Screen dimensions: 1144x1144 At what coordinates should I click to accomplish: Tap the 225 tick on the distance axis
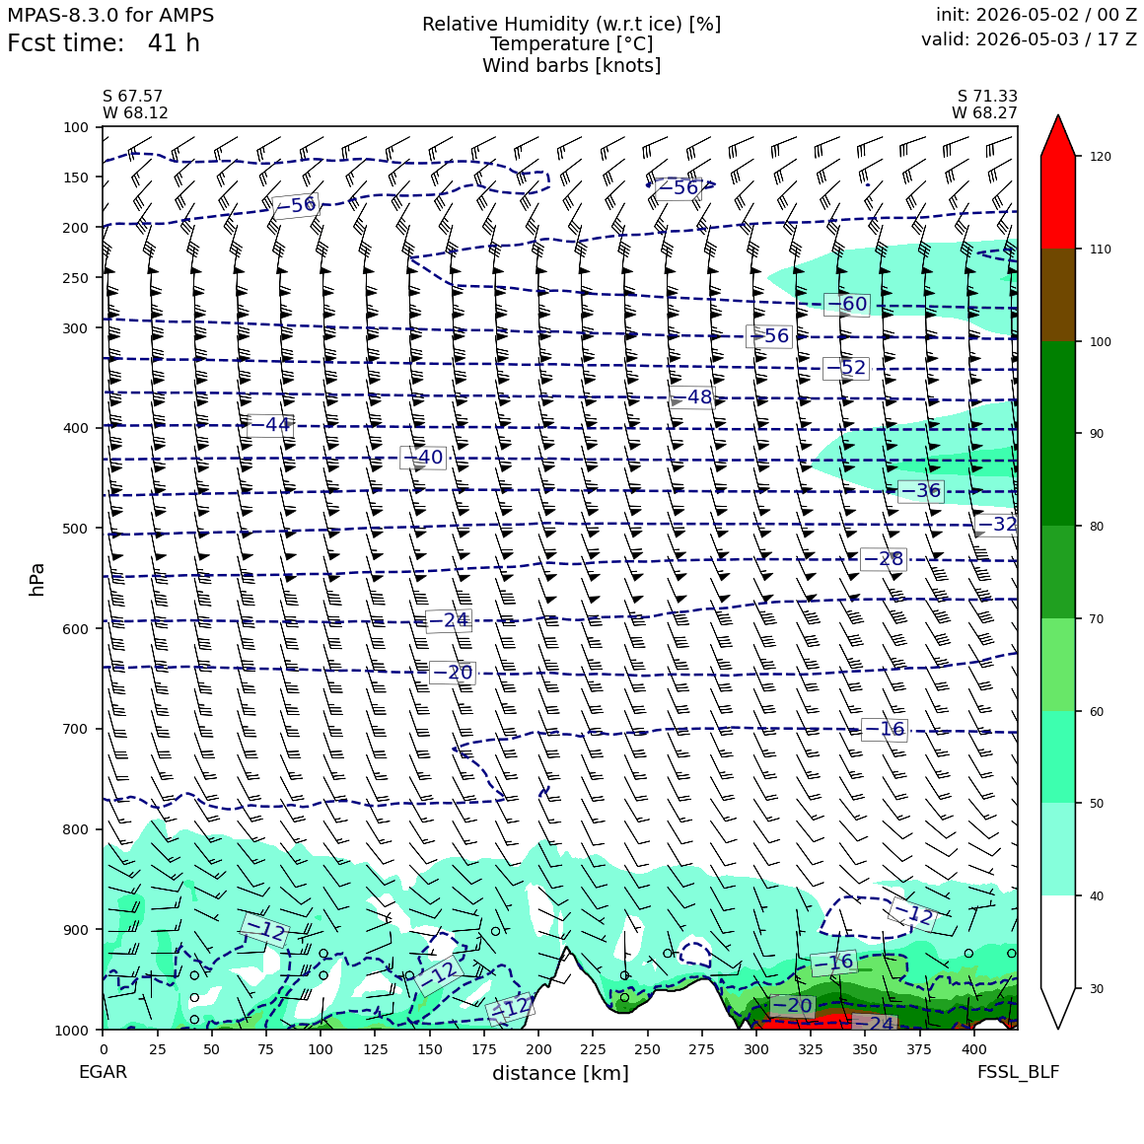(x=593, y=1049)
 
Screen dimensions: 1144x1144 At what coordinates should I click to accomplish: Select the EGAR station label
(x=103, y=1072)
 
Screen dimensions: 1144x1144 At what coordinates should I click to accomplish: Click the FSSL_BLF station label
(x=1018, y=1072)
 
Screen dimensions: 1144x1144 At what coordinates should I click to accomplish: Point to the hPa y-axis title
(x=36, y=579)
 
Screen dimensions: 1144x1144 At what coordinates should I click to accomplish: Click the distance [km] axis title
(x=560, y=1073)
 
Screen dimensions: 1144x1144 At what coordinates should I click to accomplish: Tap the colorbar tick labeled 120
(x=1101, y=156)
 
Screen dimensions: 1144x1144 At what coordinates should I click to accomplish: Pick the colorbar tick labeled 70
(x=1097, y=618)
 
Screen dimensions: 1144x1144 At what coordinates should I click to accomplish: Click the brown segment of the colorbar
(x=1058, y=295)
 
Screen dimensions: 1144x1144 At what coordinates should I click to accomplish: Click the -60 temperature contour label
(x=846, y=304)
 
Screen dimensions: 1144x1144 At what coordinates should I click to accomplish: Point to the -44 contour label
(x=270, y=425)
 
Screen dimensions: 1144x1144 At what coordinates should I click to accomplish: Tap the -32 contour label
(x=997, y=524)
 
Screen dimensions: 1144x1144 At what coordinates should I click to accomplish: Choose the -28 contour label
(x=884, y=559)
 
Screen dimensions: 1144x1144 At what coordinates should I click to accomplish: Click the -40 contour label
(x=423, y=458)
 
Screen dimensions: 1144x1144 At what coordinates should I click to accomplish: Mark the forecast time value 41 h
(x=174, y=43)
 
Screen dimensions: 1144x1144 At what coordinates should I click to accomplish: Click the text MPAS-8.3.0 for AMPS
(x=110, y=16)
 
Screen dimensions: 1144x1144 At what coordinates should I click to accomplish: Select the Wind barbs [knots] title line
(x=572, y=66)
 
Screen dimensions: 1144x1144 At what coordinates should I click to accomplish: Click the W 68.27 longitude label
(x=984, y=112)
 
